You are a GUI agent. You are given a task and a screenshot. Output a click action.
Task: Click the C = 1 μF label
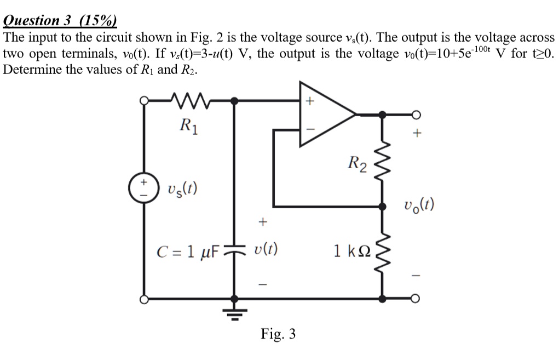pos(188,253)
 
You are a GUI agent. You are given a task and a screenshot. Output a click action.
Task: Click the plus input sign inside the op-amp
pos(309,101)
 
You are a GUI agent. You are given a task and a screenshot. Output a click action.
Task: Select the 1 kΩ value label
pos(352,252)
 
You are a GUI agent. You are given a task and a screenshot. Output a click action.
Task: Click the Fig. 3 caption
pos(278,333)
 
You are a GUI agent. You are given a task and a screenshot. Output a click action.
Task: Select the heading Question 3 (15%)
pos(60,20)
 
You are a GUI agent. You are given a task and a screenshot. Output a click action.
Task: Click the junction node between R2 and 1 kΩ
pos(382,207)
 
